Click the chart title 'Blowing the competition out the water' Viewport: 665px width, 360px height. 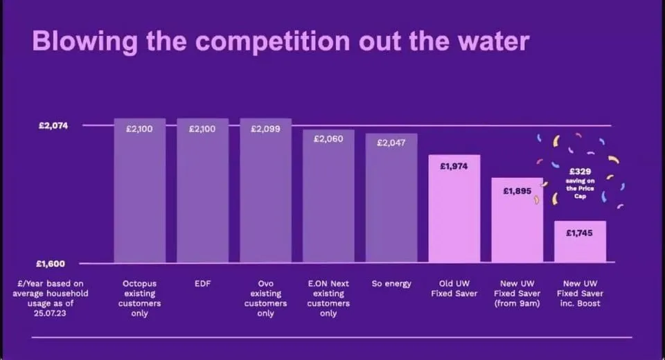click(x=281, y=42)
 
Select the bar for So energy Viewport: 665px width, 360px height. click(x=391, y=198)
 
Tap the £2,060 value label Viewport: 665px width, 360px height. click(x=328, y=138)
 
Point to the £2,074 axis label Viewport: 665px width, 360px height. click(x=53, y=125)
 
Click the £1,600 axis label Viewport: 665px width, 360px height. click(x=51, y=264)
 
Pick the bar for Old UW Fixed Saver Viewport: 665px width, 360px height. click(x=454, y=208)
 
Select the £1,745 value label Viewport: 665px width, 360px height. click(x=579, y=233)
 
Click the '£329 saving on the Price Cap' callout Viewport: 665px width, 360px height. click(x=580, y=183)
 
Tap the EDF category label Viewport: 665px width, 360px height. click(x=202, y=284)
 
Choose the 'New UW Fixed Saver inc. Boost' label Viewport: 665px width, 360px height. click(x=580, y=294)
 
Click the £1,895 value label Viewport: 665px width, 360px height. click(x=517, y=191)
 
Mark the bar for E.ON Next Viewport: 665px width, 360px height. click(x=328, y=196)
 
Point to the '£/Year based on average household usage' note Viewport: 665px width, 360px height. click(x=51, y=298)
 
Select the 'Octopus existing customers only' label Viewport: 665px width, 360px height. click(x=139, y=298)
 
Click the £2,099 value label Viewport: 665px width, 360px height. click(x=265, y=129)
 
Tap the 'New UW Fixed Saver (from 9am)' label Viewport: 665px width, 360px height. click(x=517, y=294)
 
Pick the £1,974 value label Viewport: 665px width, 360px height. click(x=454, y=166)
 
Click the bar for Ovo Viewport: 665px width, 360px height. click(x=266, y=190)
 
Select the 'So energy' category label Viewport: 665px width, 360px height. click(x=391, y=284)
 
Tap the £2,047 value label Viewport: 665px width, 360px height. click(x=391, y=143)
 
